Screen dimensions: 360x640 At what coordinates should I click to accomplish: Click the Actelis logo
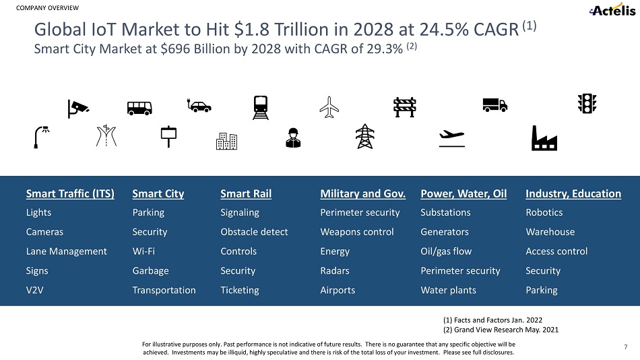pos(611,10)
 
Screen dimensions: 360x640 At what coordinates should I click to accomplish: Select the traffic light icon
pos(588,103)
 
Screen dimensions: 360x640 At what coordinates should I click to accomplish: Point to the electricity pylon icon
pos(364,137)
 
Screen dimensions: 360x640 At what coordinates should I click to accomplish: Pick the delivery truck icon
pos(494,104)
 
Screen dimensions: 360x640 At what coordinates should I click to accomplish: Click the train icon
pos(261,107)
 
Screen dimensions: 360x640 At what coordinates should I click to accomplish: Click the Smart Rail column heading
pos(246,194)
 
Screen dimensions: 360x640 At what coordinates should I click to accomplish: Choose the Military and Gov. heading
pos(363,194)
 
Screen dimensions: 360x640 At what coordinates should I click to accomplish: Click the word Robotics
pos(544,213)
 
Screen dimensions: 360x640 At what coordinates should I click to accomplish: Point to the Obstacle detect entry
pos(254,232)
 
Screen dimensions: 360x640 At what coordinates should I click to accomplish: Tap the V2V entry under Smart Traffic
pos(36,291)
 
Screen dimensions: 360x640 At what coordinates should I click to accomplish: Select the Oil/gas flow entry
pos(446,251)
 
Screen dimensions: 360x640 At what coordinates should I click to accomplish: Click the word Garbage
pos(150,271)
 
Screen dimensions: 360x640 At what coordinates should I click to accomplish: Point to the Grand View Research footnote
pos(501,330)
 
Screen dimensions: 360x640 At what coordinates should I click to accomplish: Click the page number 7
pos(626,347)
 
